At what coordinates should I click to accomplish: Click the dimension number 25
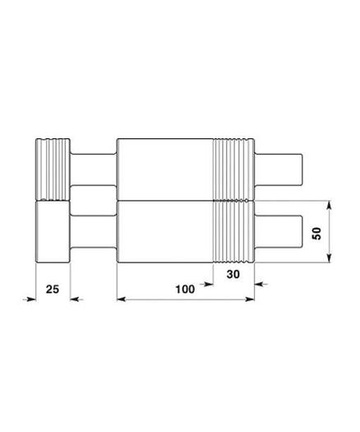[x=52, y=289]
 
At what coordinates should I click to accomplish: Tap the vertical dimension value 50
[x=316, y=232]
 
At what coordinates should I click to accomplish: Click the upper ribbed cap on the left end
[x=52, y=167]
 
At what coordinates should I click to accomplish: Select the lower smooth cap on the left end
[x=52, y=233]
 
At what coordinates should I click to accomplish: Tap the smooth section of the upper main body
[x=164, y=170]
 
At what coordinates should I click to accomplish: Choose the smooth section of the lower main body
[x=164, y=233]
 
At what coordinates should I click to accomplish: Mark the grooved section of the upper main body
[x=234, y=170]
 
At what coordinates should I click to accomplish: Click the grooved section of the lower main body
[x=234, y=233]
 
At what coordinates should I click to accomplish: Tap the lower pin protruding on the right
[x=281, y=233]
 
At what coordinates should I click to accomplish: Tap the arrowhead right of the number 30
[x=261, y=285]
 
